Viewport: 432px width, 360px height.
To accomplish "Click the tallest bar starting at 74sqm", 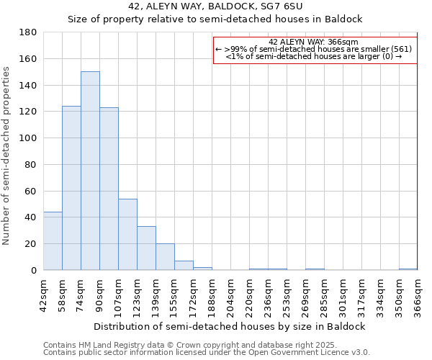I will point(90,171).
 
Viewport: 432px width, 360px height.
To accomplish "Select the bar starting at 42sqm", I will point(53,240).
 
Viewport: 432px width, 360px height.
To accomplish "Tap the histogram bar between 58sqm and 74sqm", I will point(71,188).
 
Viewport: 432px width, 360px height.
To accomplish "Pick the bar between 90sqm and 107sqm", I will point(109,189).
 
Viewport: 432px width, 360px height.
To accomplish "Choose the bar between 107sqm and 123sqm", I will point(127,234).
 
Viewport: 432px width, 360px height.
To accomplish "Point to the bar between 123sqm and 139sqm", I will point(146,248).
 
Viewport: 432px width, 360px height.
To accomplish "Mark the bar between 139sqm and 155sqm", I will point(165,256).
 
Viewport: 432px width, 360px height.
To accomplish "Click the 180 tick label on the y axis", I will point(29,32).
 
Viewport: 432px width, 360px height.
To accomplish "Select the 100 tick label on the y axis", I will point(29,138).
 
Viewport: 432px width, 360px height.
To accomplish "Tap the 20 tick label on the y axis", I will point(32,244).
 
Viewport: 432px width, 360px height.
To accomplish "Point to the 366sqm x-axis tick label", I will point(418,295).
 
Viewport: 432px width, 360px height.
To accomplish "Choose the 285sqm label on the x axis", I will point(325,295).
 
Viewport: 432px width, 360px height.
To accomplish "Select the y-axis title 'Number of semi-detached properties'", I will point(7,156).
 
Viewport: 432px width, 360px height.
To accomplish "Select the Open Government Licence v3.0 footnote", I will point(207,353).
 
